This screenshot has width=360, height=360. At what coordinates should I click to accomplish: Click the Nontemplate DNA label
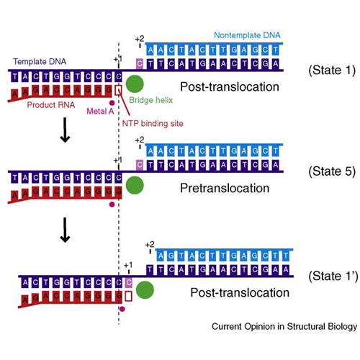tap(247, 35)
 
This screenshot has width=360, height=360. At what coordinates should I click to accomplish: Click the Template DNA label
tap(40, 62)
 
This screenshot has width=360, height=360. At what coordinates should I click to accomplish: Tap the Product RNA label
tap(51, 105)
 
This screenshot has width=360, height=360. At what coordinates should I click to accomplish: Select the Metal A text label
tap(100, 111)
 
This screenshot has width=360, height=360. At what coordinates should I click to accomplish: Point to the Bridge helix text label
tap(151, 100)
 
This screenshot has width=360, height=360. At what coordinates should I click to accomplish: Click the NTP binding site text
tap(153, 124)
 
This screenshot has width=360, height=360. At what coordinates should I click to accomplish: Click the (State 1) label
tap(332, 71)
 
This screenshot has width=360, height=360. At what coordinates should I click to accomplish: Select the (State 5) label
tap(332, 171)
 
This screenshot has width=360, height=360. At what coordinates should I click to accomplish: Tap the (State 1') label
tap(333, 276)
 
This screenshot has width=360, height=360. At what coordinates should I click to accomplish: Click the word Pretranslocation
tap(225, 188)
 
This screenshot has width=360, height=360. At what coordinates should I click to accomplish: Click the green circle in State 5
tap(135, 185)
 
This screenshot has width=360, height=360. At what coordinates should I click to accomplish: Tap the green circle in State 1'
tap(145, 290)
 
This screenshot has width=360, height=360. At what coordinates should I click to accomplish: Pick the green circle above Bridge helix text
tap(135, 84)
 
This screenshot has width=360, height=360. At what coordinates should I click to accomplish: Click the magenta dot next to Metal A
tap(112, 103)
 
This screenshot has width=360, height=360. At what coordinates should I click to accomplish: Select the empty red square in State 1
tap(118, 90)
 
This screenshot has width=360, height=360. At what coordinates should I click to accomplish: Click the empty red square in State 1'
tap(129, 296)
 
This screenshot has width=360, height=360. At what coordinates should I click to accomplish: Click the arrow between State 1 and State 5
tap(65, 130)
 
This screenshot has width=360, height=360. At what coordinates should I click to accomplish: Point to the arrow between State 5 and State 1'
tap(65, 230)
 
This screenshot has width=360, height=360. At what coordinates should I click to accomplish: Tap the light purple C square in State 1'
tap(129, 282)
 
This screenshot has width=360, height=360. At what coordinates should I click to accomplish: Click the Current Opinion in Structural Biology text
tap(284, 327)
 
